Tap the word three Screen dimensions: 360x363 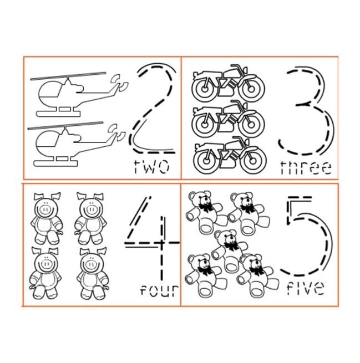tap(306, 167)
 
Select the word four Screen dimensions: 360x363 tap(159, 290)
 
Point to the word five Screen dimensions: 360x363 tap(306, 288)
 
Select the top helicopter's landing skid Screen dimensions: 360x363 tap(58, 114)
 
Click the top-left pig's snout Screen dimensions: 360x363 tap(45, 210)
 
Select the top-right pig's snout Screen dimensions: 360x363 tap(90, 210)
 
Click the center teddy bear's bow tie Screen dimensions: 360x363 tap(231, 246)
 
